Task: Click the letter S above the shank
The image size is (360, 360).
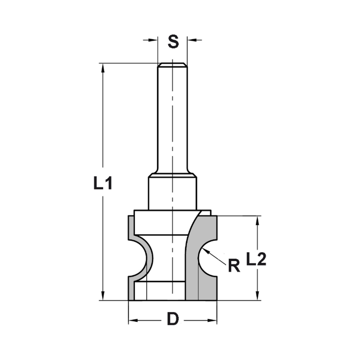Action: [x=173, y=42]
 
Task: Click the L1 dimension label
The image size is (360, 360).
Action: [x=103, y=184]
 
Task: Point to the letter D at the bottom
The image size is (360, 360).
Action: [x=173, y=319]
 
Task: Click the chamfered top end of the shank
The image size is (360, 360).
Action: [x=172, y=65]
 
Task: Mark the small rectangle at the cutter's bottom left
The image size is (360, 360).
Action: [x=141, y=292]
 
